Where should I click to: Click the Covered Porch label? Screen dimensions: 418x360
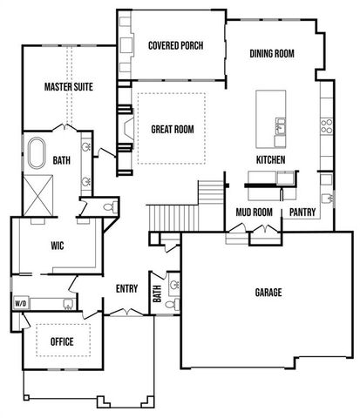(x=175, y=46)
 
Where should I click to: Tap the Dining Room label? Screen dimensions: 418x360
(x=272, y=54)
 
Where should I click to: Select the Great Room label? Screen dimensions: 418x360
(x=172, y=130)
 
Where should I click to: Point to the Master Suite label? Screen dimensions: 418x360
(x=68, y=87)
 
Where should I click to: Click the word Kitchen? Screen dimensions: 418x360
(x=271, y=160)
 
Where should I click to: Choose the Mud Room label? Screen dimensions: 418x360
(x=255, y=212)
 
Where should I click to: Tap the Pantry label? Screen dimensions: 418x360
(x=302, y=212)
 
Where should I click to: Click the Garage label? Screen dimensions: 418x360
(x=268, y=293)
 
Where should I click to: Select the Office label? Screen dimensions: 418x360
(x=61, y=340)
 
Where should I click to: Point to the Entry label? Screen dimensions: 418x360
(x=130, y=289)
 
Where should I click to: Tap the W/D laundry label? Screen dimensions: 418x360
(x=20, y=303)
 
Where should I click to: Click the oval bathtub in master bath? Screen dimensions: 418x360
(x=37, y=153)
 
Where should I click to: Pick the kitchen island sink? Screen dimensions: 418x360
(x=281, y=130)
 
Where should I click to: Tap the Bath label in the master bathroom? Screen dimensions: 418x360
(x=61, y=160)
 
